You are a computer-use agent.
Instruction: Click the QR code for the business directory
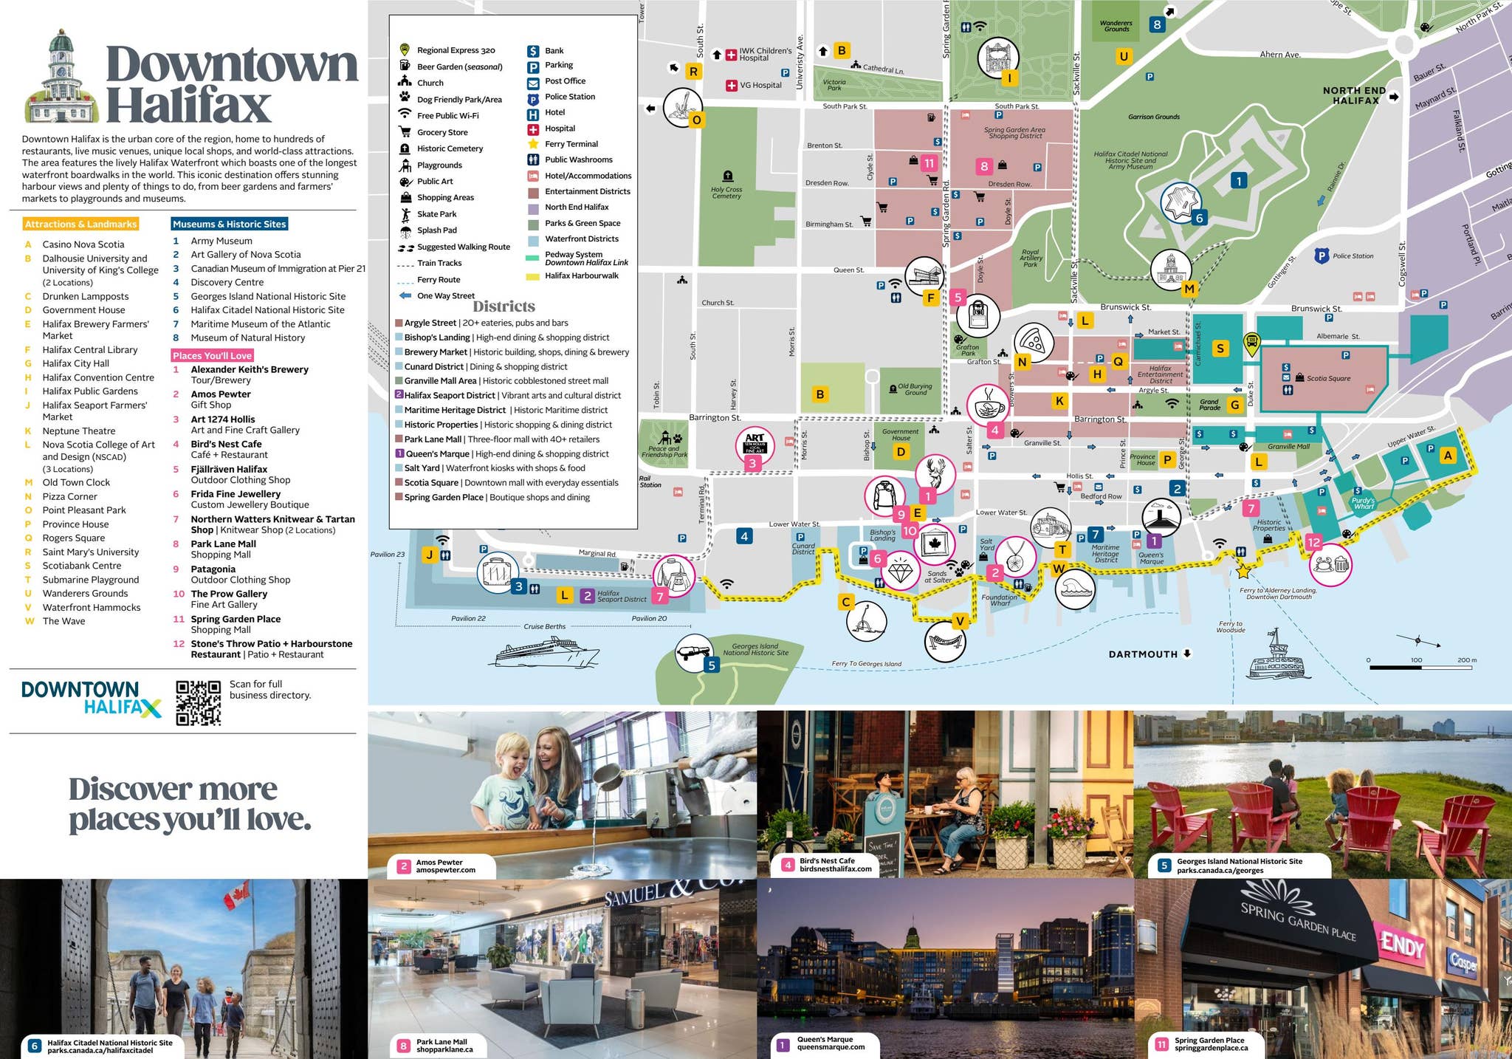pos(198,702)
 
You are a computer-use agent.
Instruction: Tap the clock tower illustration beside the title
pos(62,79)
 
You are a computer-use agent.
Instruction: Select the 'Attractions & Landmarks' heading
pos(80,224)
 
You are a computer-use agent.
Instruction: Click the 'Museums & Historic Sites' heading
pos(229,224)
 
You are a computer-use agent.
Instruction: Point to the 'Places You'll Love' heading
pos(212,355)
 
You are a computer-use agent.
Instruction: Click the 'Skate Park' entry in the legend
pos(436,214)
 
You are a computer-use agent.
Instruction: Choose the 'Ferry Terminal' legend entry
pos(571,144)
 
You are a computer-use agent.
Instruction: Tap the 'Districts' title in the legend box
pos(504,306)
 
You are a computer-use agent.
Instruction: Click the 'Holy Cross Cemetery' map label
pos(726,193)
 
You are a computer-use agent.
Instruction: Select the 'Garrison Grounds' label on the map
pos(1153,117)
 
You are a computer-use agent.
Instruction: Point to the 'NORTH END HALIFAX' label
pos(1354,95)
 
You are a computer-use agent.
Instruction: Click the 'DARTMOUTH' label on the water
pos(1143,654)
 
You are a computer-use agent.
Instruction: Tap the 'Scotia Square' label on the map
pos(1328,378)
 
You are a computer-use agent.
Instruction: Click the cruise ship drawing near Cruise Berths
pos(547,652)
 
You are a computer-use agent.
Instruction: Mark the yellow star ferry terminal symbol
pos(1243,571)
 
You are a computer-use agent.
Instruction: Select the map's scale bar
pos(1420,667)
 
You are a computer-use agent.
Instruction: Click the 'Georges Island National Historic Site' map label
pos(755,649)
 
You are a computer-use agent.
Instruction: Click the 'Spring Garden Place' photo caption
pos(1210,1044)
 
